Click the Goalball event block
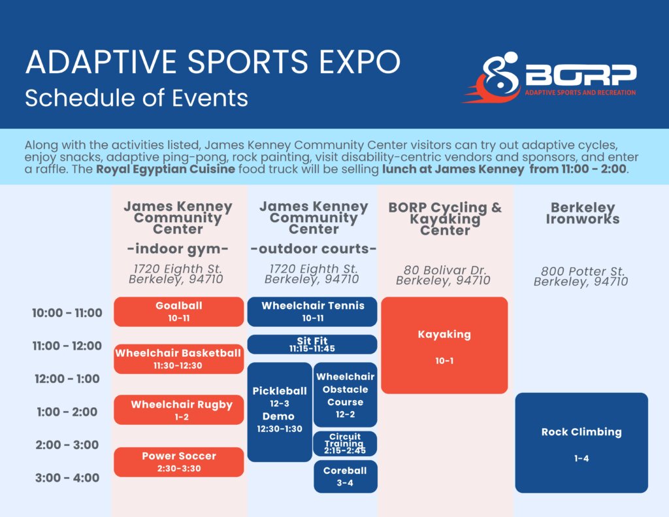click(x=179, y=312)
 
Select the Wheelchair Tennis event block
click(x=312, y=312)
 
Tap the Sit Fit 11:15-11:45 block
click(x=312, y=344)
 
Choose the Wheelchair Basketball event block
click(x=179, y=359)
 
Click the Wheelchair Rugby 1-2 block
click(x=179, y=410)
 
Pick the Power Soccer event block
click(x=179, y=462)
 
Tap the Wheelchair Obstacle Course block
click(x=345, y=395)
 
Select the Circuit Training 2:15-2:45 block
click(x=345, y=444)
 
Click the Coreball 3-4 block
click(x=345, y=476)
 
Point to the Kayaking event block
click(x=444, y=345)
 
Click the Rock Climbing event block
click(x=581, y=443)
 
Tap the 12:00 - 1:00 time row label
click(x=67, y=378)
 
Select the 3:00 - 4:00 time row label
click(x=67, y=478)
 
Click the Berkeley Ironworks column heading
click(x=582, y=214)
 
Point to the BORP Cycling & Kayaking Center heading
click(x=445, y=218)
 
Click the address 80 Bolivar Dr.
click(x=445, y=270)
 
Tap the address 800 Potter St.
click(x=582, y=271)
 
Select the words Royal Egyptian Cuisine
click(x=165, y=169)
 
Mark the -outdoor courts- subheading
click(x=314, y=248)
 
